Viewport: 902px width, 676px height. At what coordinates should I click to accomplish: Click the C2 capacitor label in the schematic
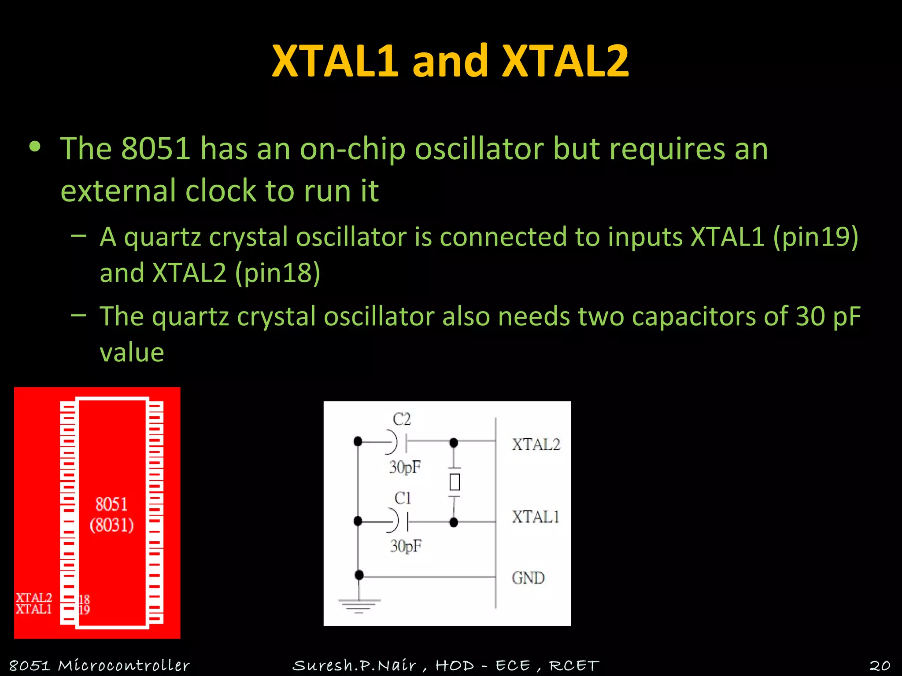click(x=402, y=419)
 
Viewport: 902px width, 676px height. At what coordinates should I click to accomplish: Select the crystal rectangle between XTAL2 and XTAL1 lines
click(x=455, y=482)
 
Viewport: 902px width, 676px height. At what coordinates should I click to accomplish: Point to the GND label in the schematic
click(x=528, y=578)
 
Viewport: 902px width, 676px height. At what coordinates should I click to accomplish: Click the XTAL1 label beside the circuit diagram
click(x=535, y=517)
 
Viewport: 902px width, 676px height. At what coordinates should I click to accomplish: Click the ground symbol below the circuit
click(x=359, y=606)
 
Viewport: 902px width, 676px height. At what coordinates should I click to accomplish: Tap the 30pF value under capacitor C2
click(x=405, y=467)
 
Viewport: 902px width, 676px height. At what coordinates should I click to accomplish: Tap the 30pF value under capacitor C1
click(x=406, y=546)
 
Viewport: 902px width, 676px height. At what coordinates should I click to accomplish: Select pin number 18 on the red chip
click(x=84, y=599)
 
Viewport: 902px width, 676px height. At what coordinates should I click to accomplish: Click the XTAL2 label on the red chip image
click(x=34, y=598)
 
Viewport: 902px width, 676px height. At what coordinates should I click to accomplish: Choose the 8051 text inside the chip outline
click(x=111, y=504)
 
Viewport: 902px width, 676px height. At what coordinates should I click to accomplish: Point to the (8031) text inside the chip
click(x=111, y=525)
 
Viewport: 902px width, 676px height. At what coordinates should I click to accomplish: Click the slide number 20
click(x=880, y=665)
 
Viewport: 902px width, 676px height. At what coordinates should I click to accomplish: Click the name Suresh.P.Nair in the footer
click(x=354, y=665)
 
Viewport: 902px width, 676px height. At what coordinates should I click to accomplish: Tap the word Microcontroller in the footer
click(x=124, y=665)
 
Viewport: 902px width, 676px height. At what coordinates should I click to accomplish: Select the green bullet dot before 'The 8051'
click(x=35, y=147)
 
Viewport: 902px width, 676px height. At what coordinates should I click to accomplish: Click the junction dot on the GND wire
click(x=359, y=575)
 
